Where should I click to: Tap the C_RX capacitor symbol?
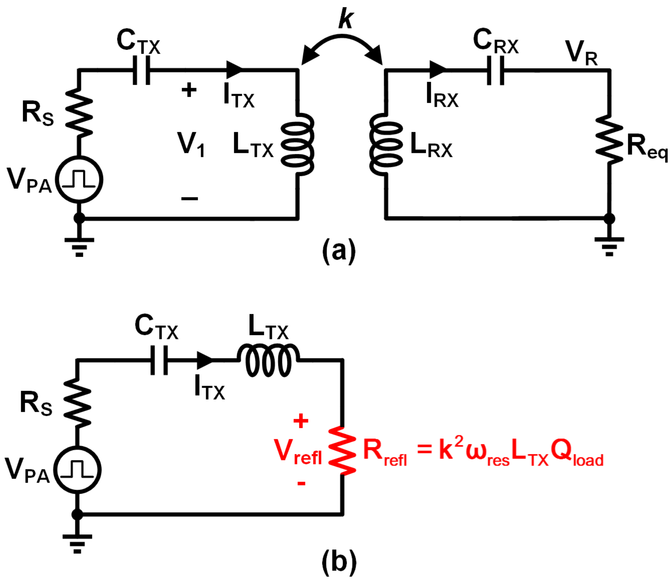[x=496, y=70]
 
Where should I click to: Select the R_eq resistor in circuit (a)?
[x=609, y=140]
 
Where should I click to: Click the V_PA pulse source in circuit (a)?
[x=79, y=179]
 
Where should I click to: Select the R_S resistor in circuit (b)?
[x=77, y=402]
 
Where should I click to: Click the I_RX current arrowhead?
[x=437, y=69]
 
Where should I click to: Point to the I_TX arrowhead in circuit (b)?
[x=204, y=360]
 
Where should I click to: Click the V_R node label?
[x=581, y=53]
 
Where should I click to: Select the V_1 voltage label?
[x=191, y=144]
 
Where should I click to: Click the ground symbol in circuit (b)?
[x=77, y=543]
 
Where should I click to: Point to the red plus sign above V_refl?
[x=301, y=421]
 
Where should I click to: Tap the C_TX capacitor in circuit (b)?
[x=159, y=360]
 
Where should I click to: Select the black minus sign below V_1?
[x=189, y=199]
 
